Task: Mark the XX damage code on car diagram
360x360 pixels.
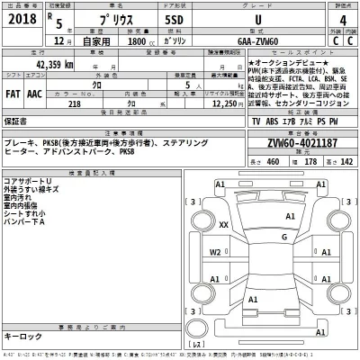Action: pos(222,227)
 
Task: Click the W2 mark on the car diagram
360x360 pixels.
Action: pos(216,253)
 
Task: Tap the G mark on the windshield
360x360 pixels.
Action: pos(283,236)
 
